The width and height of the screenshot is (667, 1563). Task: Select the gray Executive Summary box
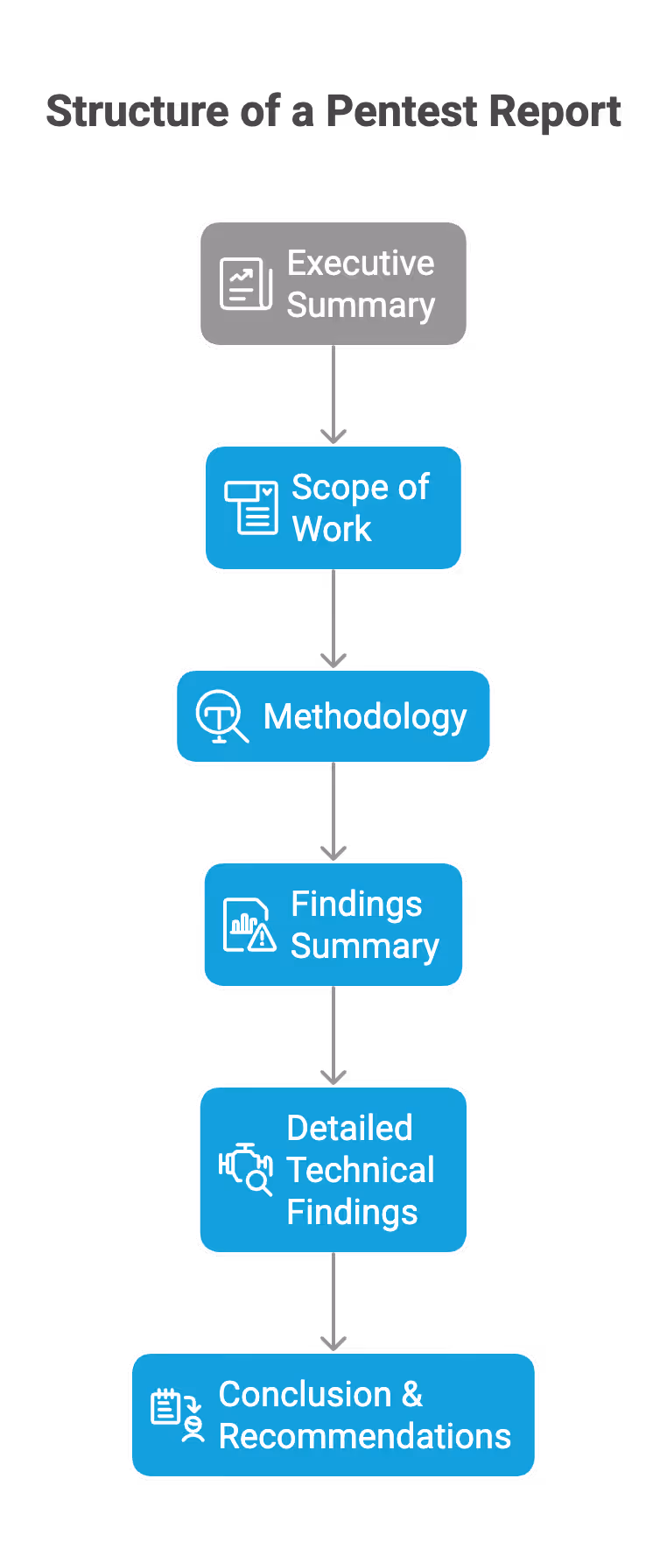(333, 284)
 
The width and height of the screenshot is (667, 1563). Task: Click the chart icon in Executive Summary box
(245, 284)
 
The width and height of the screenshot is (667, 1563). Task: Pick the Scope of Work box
(333, 508)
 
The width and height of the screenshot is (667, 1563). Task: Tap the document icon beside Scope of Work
(251, 506)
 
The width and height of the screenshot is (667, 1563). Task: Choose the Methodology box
(333, 716)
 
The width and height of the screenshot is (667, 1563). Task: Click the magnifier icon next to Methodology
(221, 716)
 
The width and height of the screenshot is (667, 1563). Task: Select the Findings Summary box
(333, 925)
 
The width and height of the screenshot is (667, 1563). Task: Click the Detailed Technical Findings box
(333, 1170)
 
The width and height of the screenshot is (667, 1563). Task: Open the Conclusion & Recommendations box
(333, 1415)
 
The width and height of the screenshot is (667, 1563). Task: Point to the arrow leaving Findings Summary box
(333, 1037)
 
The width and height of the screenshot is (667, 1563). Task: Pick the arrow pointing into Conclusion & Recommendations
(333, 1303)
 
